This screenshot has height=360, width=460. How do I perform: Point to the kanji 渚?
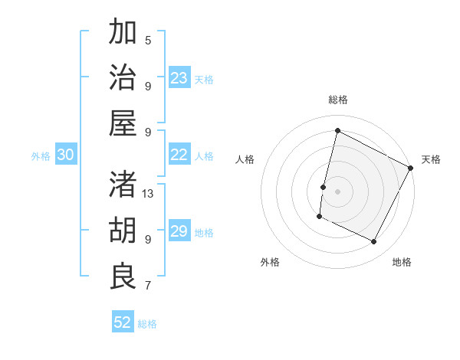click(123, 184)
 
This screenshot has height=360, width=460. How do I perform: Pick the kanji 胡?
click(123, 230)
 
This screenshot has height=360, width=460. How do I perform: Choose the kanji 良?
click(123, 276)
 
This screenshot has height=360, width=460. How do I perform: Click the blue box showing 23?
click(179, 78)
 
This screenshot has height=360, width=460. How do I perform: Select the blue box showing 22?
click(179, 155)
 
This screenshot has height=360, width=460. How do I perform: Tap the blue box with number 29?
click(179, 231)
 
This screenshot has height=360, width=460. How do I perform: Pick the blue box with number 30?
click(66, 155)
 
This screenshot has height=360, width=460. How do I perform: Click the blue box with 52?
click(123, 322)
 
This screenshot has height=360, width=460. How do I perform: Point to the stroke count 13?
click(149, 194)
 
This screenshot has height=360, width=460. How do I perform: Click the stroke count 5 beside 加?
click(149, 41)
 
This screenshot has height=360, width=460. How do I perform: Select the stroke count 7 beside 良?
click(149, 286)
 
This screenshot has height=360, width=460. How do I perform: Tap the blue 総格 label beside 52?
click(147, 324)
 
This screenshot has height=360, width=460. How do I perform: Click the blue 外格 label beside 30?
click(41, 156)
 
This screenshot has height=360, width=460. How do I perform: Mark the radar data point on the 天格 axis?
click(411, 169)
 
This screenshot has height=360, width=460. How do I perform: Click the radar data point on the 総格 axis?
click(337, 130)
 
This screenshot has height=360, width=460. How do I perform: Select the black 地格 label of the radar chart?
click(402, 262)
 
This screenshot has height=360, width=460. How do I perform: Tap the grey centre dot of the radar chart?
click(337, 191)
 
